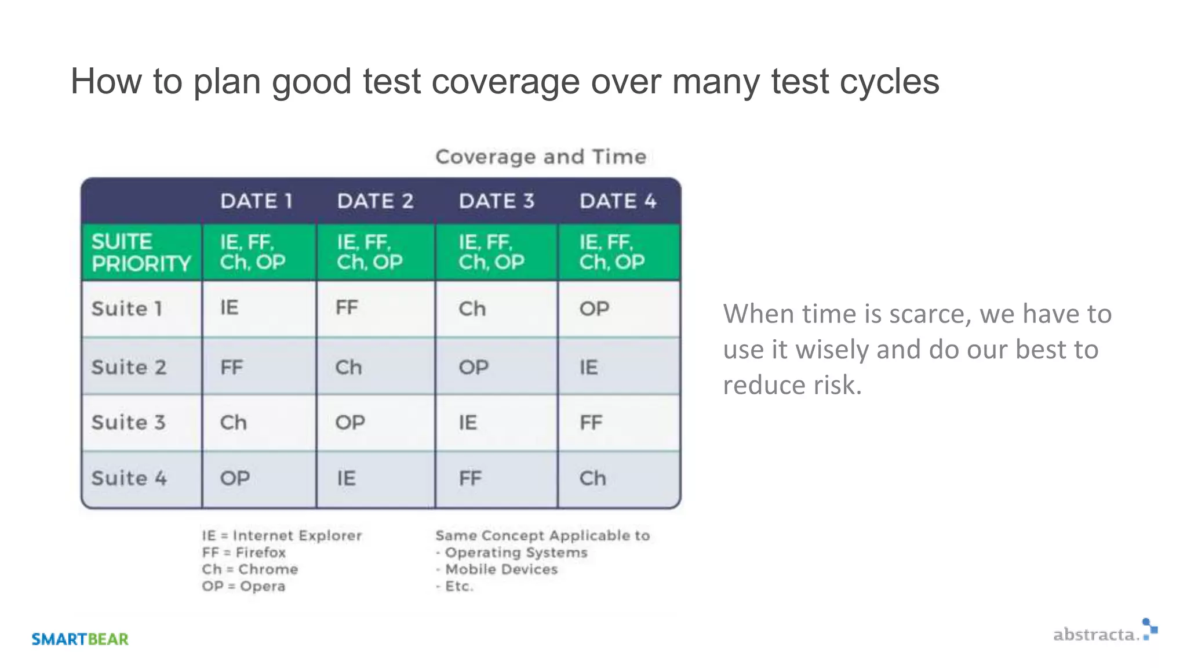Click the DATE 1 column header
point(256,201)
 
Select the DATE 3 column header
point(496,201)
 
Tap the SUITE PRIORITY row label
point(141,252)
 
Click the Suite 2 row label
point(129,367)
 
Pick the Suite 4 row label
point(129,478)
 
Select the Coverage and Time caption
point(540,157)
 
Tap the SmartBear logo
point(80,639)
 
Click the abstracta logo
point(1104,633)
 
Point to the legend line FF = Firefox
point(244,553)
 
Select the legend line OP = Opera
point(244,586)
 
